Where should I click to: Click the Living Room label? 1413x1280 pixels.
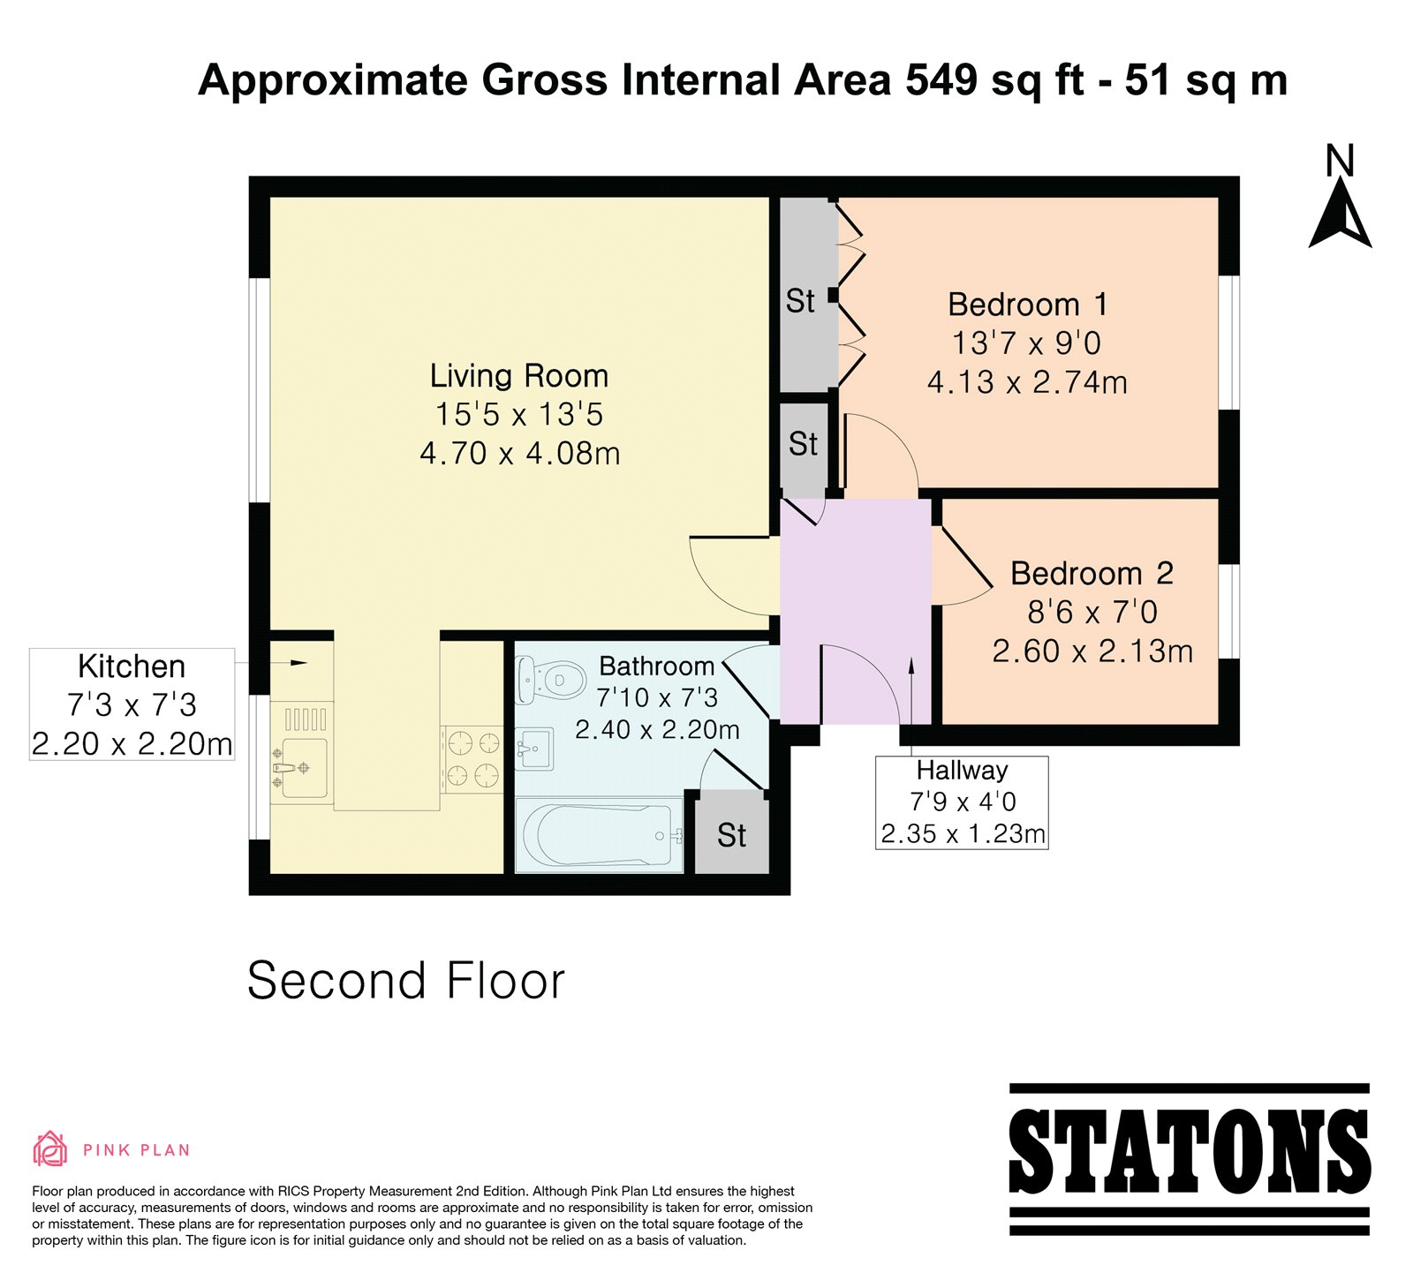click(519, 376)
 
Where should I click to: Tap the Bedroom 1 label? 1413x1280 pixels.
click(1027, 305)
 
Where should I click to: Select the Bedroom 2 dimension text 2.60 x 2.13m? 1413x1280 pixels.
click(1092, 651)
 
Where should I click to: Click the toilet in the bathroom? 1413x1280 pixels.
click(551, 680)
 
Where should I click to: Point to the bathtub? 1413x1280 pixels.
click(599, 835)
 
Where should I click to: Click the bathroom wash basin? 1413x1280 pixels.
click(533, 749)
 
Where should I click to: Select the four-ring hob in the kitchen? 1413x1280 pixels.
click(472, 759)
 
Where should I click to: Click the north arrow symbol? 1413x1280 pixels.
click(1341, 214)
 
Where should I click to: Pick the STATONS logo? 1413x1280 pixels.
click(1190, 1158)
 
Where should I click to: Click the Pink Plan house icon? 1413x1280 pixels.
click(50, 1149)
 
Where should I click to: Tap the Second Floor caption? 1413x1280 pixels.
click(406, 981)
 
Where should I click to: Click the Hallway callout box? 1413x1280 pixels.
click(962, 802)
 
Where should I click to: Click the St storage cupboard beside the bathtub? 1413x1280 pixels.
click(731, 833)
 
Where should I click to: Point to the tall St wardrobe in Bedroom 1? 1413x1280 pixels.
click(808, 295)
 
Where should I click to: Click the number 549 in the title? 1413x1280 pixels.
click(941, 80)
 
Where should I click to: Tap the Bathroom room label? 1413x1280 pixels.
click(656, 666)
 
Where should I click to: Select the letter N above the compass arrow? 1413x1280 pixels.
click(1341, 161)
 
